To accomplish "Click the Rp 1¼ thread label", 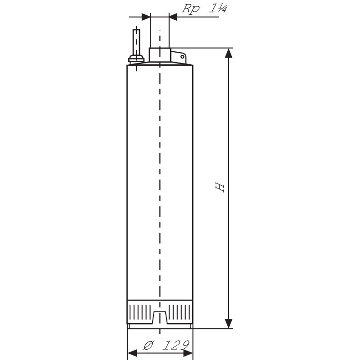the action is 204,9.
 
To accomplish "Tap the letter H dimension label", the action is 220,187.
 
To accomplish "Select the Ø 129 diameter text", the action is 166,345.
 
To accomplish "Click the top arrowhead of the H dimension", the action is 229,53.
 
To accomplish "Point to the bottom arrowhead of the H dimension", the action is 229,324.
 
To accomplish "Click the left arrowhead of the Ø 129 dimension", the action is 132,353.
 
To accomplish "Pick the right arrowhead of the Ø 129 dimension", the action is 188,353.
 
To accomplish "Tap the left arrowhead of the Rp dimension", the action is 146,17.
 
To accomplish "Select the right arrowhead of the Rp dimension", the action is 173,17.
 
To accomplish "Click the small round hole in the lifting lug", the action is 182,57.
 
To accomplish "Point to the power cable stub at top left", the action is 136,42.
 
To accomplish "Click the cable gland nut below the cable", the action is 136,59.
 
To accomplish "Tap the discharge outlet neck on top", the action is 160,54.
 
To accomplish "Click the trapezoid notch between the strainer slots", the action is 160,317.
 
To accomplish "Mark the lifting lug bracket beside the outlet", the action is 178,57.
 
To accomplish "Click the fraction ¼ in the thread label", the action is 222,9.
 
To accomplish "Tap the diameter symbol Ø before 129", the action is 149,345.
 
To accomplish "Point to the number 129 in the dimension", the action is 176,345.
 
